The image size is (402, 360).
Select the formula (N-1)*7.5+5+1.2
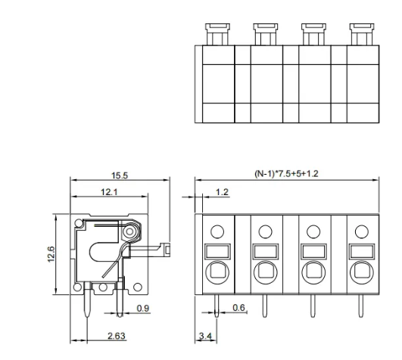tap(288, 174)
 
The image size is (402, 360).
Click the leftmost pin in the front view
tap(217, 306)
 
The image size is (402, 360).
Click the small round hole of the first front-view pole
tap(217, 231)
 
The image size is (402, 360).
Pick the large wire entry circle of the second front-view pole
tap(265, 271)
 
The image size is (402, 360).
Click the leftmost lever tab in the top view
tap(213, 33)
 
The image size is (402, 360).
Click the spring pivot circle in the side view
tap(132, 230)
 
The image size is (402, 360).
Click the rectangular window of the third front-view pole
tap(312, 251)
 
